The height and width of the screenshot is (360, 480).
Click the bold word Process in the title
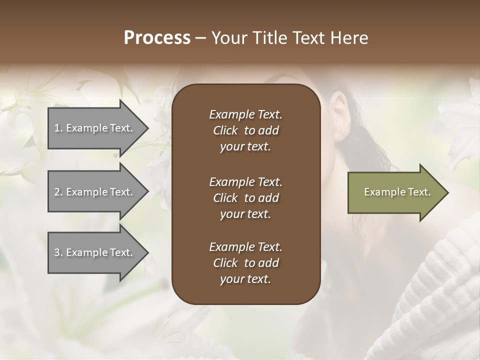tap(157, 37)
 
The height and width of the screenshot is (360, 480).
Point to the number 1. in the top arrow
tap(58, 128)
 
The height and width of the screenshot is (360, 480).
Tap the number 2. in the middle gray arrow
tap(58, 192)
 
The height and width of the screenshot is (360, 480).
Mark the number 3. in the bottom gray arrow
tap(58, 252)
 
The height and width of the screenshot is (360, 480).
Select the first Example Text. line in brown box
tap(245, 114)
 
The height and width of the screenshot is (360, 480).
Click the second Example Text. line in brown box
tap(245, 181)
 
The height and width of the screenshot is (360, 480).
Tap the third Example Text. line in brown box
tap(245, 246)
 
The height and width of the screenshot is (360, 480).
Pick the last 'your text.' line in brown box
tap(245, 279)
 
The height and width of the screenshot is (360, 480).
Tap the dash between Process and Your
tap(201, 38)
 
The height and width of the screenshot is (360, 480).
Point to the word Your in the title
tap(228, 37)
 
